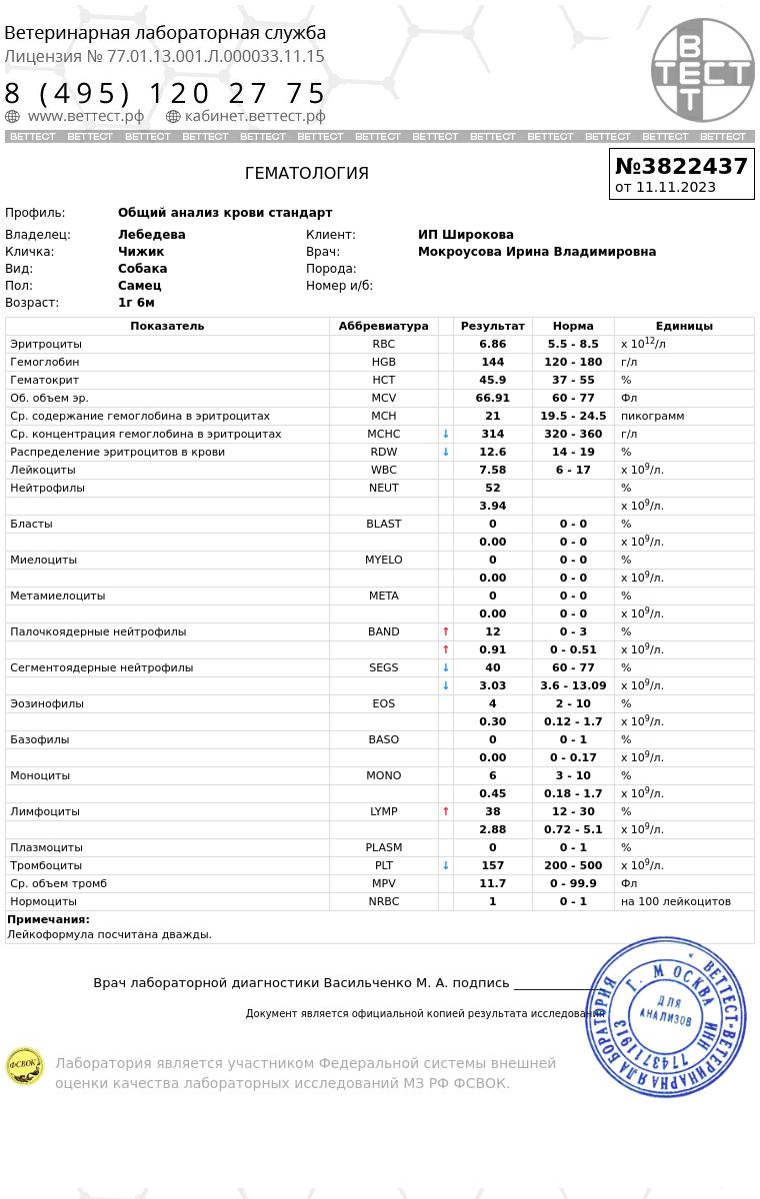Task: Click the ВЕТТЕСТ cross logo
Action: [702, 70]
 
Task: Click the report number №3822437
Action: [681, 166]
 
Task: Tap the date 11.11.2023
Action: [676, 187]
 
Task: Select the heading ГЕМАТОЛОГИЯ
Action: [307, 174]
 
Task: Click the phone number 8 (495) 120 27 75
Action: [166, 94]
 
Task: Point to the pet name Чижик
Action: [141, 252]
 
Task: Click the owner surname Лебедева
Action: [152, 235]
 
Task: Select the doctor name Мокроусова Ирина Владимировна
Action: [537, 252]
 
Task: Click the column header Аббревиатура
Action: [383, 326]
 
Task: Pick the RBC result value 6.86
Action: [492, 344]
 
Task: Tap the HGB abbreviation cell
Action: [383, 362]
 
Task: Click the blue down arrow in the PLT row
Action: [446, 865]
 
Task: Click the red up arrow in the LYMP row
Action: [446, 811]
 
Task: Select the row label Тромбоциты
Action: [46, 865]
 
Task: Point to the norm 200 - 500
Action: [573, 865]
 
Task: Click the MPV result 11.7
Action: [492, 883]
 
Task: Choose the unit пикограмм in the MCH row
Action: [652, 416]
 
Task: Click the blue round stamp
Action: [666, 1017]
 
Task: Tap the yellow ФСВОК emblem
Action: [24, 1066]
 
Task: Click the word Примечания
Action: [48, 919]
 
